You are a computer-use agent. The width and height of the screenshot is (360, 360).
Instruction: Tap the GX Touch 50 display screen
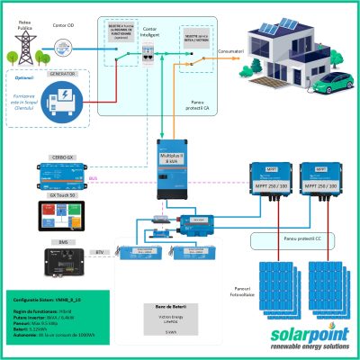[59, 215]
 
